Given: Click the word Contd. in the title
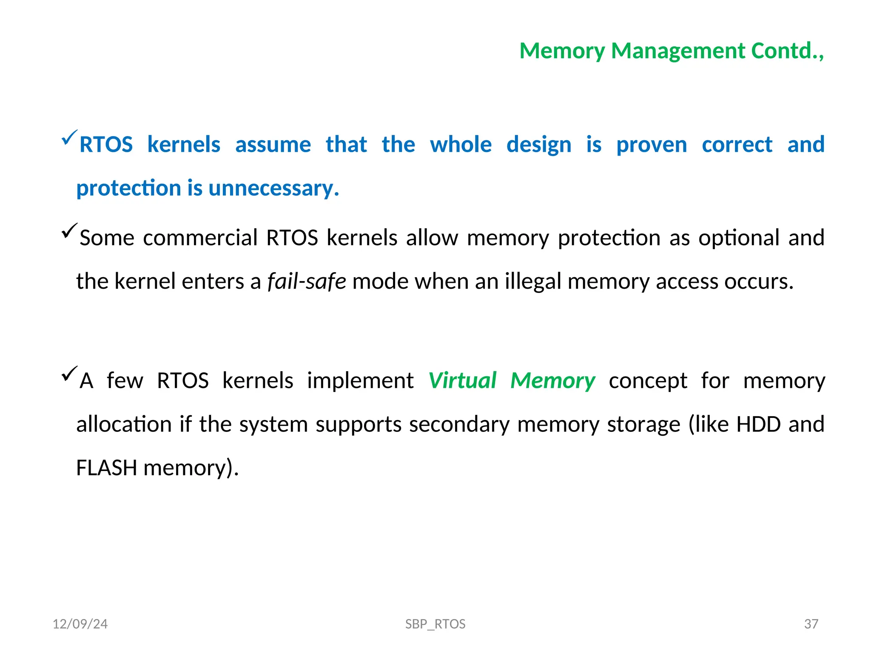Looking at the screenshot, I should point(788,51).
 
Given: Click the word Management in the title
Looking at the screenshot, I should point(678,51).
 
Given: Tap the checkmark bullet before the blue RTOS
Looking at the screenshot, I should point(69,138).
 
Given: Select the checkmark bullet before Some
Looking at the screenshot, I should point(69,230).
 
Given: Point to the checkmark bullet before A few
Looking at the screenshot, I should point(69,373).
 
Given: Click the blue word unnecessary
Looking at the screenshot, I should point(273,188).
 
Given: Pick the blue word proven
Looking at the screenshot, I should point(652,145).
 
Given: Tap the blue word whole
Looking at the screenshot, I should point(461,145).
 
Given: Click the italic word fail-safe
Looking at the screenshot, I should point(307,281).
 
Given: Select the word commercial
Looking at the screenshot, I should point(200,237).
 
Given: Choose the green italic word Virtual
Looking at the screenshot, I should point(462,380).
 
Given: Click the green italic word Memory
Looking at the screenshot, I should point(552,380).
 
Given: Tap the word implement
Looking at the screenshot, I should point(360,380).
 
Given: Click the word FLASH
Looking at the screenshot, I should point(106,468).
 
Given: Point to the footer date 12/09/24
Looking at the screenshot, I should point(80,624).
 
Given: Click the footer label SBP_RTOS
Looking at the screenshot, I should point(435,624).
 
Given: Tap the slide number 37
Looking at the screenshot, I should point(811,624).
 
